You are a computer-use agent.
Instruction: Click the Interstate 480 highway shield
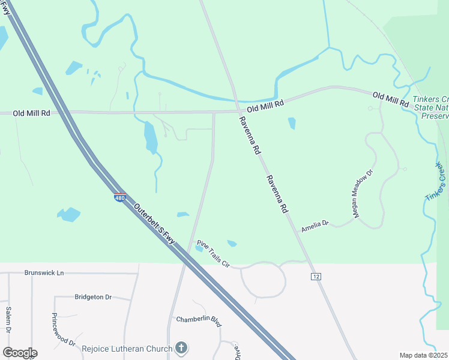pyautogui.click(x=119, y=197)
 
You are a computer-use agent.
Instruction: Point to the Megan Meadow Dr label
pyautogui.click(x=363, y=193)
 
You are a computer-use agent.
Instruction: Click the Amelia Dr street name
pyautogui.click(x=315, y=226)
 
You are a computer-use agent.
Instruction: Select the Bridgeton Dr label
pyautogui.click(x=93, y=296)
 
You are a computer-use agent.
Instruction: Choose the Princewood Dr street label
pyautogui.click(x=62, y=330)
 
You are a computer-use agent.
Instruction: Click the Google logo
pyautogui.click(x=20, y=353)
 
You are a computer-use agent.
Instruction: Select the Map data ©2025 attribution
pyautogui.click(x=423, y=355)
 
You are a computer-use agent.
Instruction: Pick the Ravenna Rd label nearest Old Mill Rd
pyautogui.click(x=249, y=135)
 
